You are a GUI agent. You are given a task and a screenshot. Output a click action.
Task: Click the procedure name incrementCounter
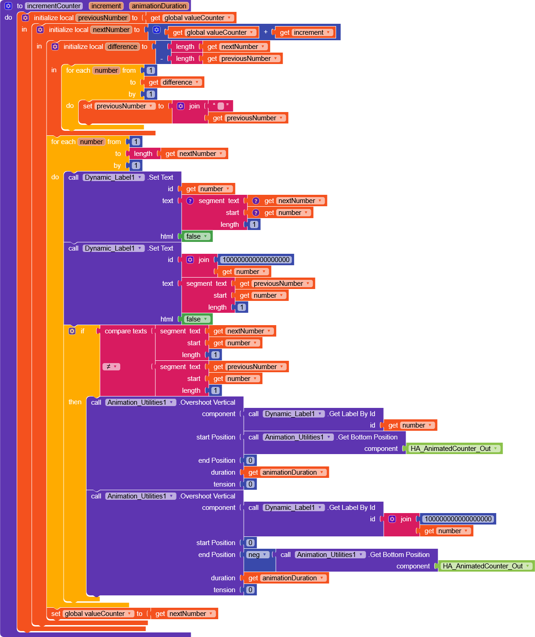[53, 6]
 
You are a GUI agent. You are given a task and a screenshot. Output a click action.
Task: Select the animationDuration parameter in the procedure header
[159, 6]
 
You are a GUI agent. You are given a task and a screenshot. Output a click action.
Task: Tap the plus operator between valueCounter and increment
[266, 32]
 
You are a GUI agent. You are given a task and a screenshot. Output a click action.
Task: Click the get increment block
[304, 32]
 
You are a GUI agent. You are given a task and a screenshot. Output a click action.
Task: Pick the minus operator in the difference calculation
[161, 59]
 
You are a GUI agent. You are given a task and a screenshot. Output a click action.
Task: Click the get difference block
[174, 82]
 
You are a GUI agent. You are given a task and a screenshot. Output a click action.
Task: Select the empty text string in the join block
[221, 106]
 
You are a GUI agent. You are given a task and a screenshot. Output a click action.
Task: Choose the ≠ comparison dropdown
[111, 367]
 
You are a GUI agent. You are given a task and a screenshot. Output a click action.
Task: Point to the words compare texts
[126, 331]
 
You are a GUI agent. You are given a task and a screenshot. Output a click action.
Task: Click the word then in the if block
[75, 402]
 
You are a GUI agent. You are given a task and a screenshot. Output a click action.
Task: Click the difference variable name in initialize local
[123, 47]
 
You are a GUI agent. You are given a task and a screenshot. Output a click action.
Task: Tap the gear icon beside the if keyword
[72, 331]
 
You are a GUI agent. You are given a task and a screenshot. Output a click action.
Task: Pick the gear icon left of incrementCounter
[8, 6]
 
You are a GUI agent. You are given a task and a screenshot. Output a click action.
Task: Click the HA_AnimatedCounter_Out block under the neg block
[486, 566]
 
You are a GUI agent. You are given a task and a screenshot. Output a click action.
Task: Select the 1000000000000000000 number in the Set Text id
[256, 260]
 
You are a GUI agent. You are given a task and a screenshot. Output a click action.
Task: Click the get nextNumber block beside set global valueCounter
[185, 614]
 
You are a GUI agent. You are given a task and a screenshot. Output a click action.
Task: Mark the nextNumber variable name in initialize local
[112, 30]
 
